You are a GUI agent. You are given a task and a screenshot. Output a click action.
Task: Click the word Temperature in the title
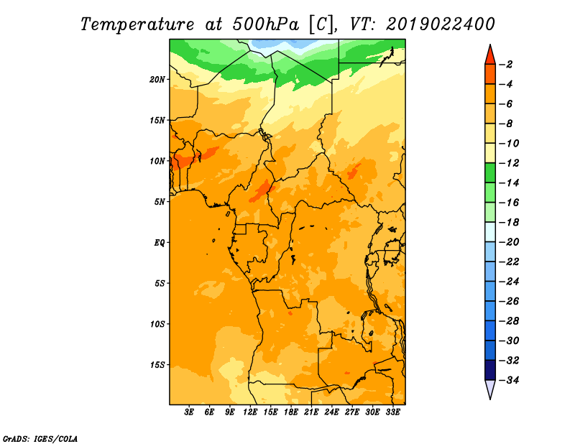point(137,24)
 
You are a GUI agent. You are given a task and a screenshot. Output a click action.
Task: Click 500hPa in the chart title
point(265,24)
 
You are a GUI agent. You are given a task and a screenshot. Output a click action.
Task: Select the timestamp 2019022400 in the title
point(440,24)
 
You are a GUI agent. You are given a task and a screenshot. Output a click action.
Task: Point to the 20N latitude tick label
point(157,79)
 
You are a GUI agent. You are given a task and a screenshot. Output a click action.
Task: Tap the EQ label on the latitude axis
point(159,243)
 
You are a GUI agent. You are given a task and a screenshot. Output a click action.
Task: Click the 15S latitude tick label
point(157,365)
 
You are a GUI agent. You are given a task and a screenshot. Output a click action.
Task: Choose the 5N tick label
point(160,202)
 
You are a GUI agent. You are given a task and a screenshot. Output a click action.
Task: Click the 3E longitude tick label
point(189,412)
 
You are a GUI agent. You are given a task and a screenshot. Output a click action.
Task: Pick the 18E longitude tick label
point(291,412)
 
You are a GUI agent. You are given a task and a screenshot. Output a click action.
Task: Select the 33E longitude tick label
point(392,412)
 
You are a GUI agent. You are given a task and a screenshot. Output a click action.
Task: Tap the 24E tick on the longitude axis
point(331,412)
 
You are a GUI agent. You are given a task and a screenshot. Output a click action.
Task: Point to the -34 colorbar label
point(509,380)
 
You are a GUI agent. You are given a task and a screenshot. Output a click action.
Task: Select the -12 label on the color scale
point(509,163)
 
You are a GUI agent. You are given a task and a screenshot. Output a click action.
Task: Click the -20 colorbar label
point(509,242)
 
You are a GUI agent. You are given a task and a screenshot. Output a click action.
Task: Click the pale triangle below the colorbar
point(490,388)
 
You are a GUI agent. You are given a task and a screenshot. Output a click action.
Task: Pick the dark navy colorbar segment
point(490,370)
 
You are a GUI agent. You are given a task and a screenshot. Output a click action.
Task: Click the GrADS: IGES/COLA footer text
point(40,439)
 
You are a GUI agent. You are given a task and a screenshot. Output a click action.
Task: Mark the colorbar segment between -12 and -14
point(490,173)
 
